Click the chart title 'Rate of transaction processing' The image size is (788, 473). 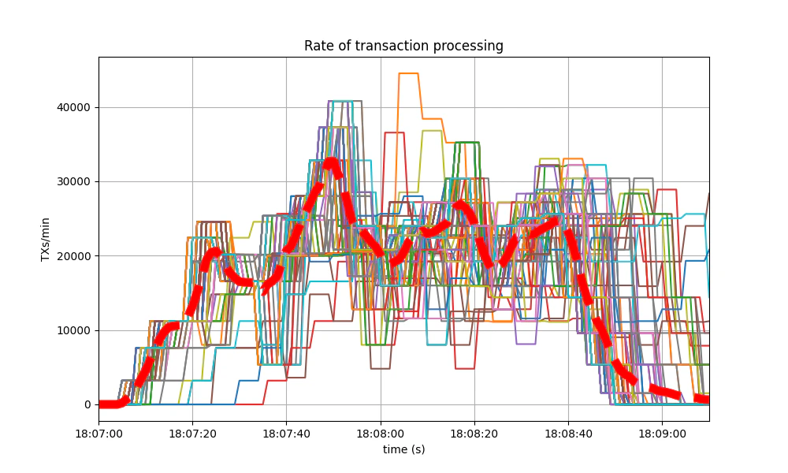[x=403, y=46]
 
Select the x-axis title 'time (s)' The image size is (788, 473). [x=403, y=449]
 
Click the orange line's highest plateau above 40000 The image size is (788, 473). [x=408, y=73]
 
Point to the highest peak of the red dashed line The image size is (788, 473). [x=331, y=163]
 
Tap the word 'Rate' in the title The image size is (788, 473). [x=318, y=46]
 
